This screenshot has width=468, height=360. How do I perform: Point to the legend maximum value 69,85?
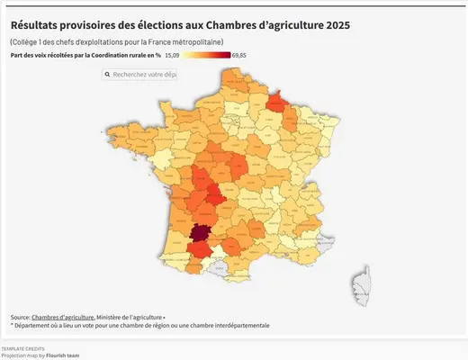point(239,56)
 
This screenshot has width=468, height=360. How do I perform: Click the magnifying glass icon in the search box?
point(109,74)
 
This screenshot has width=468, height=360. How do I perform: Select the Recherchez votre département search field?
point(144,74)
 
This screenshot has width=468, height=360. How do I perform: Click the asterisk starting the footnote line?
point(13,326)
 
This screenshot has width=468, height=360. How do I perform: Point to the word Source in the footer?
point(20,318)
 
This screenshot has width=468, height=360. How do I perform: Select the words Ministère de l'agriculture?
point(129,318)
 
